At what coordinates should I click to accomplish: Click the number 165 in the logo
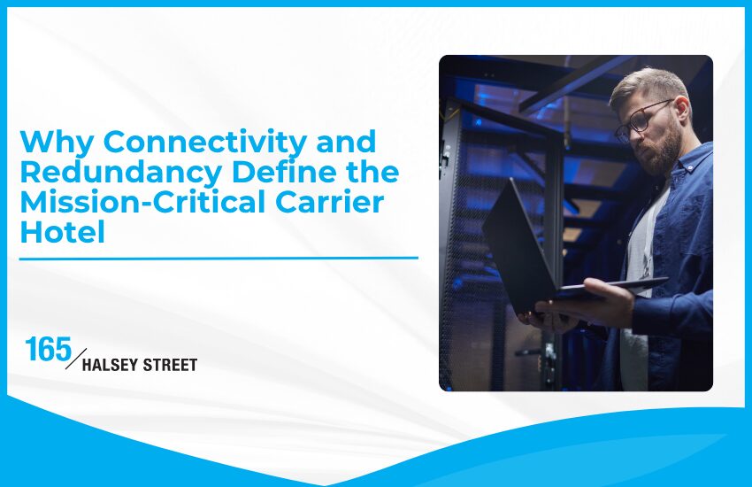tap(50, 350)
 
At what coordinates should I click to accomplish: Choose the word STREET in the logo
tap(171, 365)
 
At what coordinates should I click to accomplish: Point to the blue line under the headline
tap(218, 259)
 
